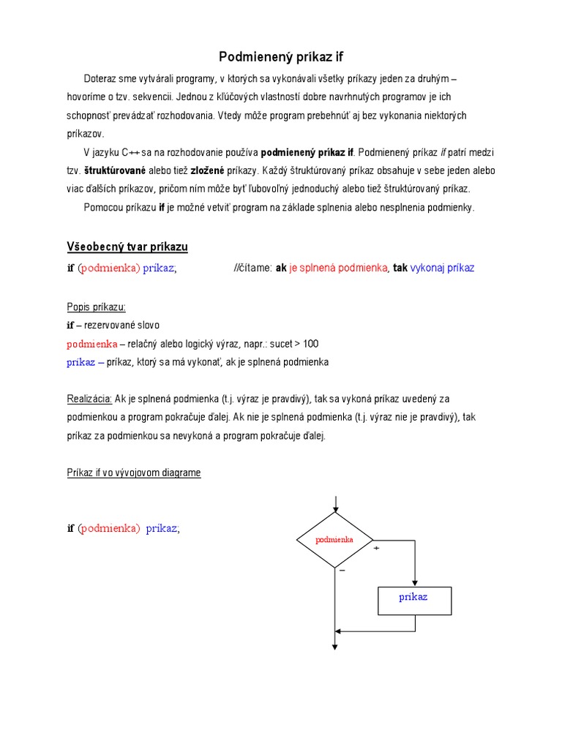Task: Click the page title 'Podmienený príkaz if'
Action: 281,57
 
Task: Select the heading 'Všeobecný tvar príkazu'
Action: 127,247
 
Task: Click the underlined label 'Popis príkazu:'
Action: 96,306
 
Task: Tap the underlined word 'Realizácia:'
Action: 89,399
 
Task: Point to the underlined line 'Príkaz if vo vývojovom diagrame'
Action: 134,473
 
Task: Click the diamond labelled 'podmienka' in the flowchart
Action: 334,540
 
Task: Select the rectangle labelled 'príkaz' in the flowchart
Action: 414,601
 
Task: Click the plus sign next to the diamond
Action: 377,548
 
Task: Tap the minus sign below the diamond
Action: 342,570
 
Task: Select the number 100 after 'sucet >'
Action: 310,344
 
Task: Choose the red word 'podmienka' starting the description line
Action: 92,344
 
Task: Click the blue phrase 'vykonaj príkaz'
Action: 443,268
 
